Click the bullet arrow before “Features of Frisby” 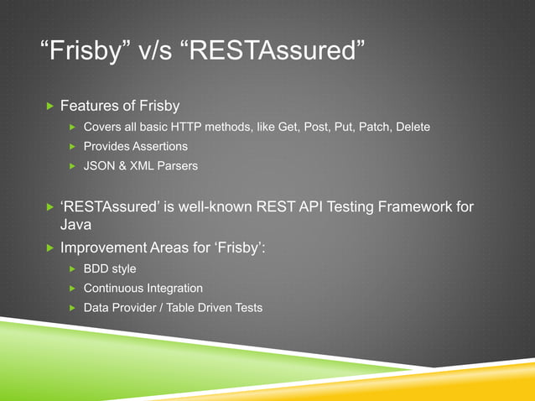49,107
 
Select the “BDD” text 96,268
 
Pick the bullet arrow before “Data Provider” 72,308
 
